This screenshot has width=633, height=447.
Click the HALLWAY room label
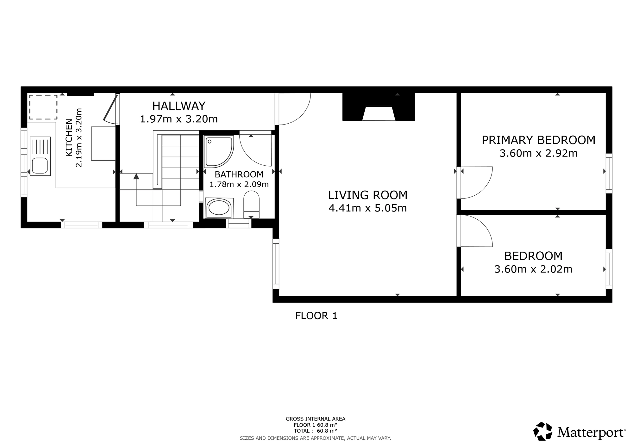coord(179,106)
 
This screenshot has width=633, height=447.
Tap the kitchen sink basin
coord(40,166)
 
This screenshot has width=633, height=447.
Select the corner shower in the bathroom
coord(219,152)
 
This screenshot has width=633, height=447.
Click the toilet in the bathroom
coord(251,204)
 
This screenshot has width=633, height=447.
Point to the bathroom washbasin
coord(218,208)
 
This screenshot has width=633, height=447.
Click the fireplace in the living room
coord(379,107)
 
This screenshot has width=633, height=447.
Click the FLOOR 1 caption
coord(316,315)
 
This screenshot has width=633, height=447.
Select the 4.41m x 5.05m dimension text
coord(367,208)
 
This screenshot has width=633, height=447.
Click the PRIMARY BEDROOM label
coord(538,140)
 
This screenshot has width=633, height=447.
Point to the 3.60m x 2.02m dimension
coord(533,269)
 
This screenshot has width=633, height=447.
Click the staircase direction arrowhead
coord(136,176)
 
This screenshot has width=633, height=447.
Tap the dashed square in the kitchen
coord(43,107)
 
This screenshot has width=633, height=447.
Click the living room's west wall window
coord(276,264)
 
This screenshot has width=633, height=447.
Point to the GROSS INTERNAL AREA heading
coord(316,419)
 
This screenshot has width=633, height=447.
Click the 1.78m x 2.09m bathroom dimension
coord(239,184)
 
